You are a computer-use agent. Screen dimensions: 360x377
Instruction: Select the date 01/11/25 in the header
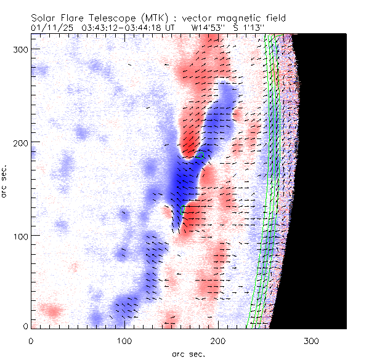pos(52,28)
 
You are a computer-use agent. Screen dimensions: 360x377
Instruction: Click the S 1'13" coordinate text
pos(249,28)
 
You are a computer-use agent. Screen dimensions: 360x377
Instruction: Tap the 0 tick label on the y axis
pos(25,326)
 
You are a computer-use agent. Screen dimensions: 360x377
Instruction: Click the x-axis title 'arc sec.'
pos(188,353)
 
